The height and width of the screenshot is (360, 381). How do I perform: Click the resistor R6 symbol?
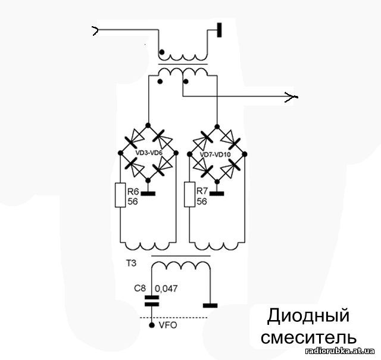tap(120, 195)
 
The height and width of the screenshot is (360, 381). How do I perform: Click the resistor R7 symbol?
tap(189, 195)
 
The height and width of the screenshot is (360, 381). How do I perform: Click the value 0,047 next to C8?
tap(166, 288)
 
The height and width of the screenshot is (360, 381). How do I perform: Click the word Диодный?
tap(308, 315)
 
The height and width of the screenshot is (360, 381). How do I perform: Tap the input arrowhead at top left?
tap(95, 30)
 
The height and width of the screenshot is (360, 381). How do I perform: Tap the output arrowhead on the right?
tap(291, 96)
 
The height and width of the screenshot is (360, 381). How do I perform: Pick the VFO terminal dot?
tap(152, 326)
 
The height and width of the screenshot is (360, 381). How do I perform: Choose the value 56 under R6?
tap(133, 201)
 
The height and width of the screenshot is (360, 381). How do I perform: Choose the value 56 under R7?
tap(202, 201)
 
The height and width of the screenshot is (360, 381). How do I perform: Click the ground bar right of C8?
tap(210, 305)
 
